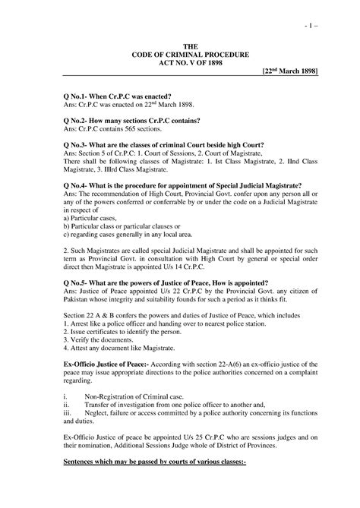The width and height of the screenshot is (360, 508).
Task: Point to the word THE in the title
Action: point(180,46)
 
